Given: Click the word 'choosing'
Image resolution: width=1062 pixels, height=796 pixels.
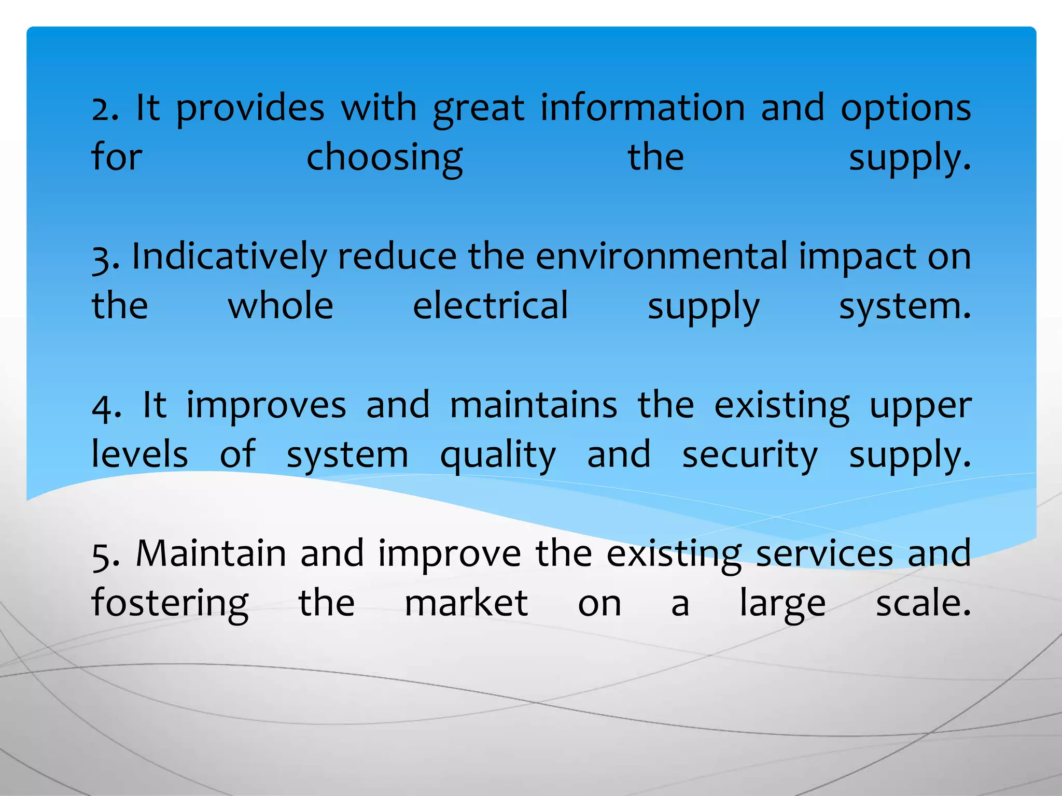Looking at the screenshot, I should (x=384, y=159).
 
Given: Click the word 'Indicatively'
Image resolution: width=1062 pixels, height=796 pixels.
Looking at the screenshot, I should (x=229, y=258).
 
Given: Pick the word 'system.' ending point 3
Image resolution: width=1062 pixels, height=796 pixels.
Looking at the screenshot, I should (x=905, y=307).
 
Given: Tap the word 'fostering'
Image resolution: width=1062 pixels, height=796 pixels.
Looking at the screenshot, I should (x=170, y=604).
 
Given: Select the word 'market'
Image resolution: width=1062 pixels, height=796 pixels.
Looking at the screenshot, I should (x=466, y=604).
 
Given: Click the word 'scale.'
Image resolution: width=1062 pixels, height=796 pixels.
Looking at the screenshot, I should (x=923, y=604).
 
